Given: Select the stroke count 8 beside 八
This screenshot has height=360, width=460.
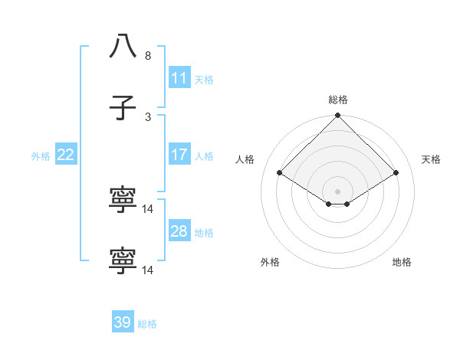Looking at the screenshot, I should coord(148,56).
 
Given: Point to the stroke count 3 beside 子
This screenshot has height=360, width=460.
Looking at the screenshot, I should coord(148,116).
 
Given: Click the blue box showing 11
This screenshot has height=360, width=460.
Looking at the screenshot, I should coord(179,78).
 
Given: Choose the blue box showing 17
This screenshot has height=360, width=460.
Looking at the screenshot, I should coord(179,155).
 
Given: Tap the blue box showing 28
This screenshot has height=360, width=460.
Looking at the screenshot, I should coord(179,231).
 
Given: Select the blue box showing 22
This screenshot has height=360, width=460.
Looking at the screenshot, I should coord(66,155).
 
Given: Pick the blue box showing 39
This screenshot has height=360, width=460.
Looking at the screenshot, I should coord(123,322).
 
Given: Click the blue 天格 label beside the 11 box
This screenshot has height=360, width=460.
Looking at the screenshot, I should coord(204,79).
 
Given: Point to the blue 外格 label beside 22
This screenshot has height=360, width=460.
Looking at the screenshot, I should coord(41,155).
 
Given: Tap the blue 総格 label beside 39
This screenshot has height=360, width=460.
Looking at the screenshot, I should coord(147,323).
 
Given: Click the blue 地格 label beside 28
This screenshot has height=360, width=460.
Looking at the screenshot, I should coord(204,232).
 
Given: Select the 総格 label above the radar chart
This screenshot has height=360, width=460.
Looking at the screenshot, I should coord(338,100).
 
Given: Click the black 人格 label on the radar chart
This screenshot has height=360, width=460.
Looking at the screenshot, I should coord(245,159).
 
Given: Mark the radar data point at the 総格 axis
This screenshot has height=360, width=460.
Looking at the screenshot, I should coord(338,116).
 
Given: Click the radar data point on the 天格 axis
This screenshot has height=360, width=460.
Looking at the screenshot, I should coord(396,173).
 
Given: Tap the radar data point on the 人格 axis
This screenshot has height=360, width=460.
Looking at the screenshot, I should coord(280,173).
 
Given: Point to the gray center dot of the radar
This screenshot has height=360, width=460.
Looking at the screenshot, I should coord(338,191).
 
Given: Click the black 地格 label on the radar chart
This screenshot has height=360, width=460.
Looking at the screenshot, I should coord(402,262).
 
